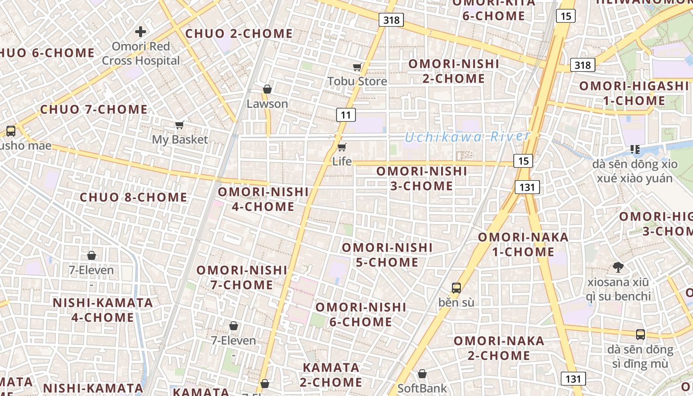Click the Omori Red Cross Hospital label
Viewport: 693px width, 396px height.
coord(141,53)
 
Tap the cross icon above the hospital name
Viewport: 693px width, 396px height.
coord(141,32)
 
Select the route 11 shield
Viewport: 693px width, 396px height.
coord(346,115)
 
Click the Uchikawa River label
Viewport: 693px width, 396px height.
coord(467,137)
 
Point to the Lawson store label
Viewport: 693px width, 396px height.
coord(267,104)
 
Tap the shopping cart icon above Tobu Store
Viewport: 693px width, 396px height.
coord(357,67)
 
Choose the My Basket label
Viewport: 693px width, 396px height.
coord(180,140)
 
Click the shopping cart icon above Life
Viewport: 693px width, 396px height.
coord(342,147)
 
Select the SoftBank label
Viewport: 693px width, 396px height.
coord(422,388)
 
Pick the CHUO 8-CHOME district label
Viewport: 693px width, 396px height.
coord(134,198)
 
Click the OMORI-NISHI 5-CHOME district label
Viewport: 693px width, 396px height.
coord(387,254)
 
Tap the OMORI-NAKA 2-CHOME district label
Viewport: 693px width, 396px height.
coord(499,348)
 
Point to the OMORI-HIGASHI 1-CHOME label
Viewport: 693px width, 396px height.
coord(634,93)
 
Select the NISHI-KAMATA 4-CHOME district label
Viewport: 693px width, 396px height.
coord(103,310)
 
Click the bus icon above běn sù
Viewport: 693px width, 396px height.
coord(456,288)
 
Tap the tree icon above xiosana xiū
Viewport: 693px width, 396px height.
coord(618,267)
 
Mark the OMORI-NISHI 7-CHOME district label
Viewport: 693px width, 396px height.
coord(242,277)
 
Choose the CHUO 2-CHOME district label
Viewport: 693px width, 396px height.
coord(239,34)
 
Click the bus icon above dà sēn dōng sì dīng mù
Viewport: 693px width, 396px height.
coord(641,334)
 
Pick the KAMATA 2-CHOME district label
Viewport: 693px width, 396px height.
coord(331,375)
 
